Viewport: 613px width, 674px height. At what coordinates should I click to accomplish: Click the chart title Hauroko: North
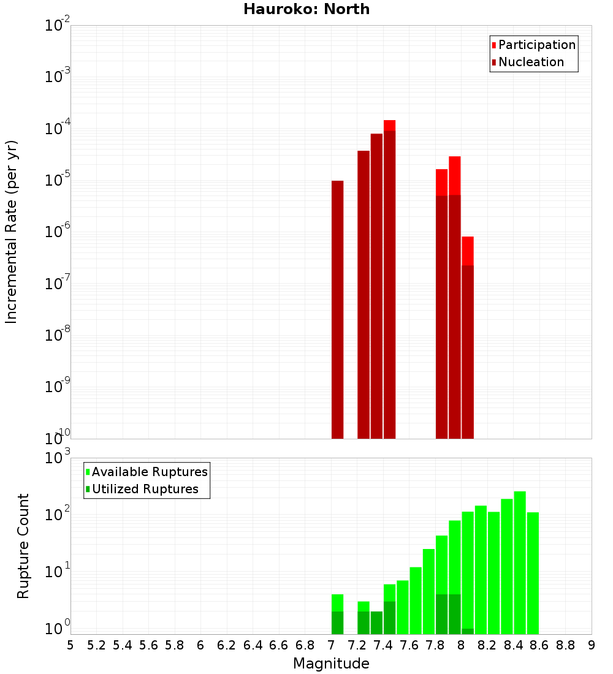(306, 9)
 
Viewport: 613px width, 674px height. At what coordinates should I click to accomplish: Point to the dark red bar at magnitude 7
(337, 309)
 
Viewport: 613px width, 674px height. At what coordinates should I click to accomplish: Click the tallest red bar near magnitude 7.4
(389, 279)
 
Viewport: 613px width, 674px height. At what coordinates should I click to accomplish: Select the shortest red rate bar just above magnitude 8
(468, 337)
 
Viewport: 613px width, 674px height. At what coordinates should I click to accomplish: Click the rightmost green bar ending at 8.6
(533, 573)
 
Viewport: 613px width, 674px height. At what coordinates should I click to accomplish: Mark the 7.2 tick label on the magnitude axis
(357, 645)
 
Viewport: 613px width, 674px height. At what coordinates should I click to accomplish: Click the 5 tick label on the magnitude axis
(70, 645)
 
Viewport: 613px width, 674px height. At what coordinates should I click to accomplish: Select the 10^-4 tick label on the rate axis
(58, 129)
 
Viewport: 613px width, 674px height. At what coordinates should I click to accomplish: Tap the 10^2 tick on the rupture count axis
(58, 513)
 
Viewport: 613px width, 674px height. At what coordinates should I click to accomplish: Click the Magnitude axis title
(331, 664)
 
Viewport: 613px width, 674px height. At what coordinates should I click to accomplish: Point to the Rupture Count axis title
(23, 545)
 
